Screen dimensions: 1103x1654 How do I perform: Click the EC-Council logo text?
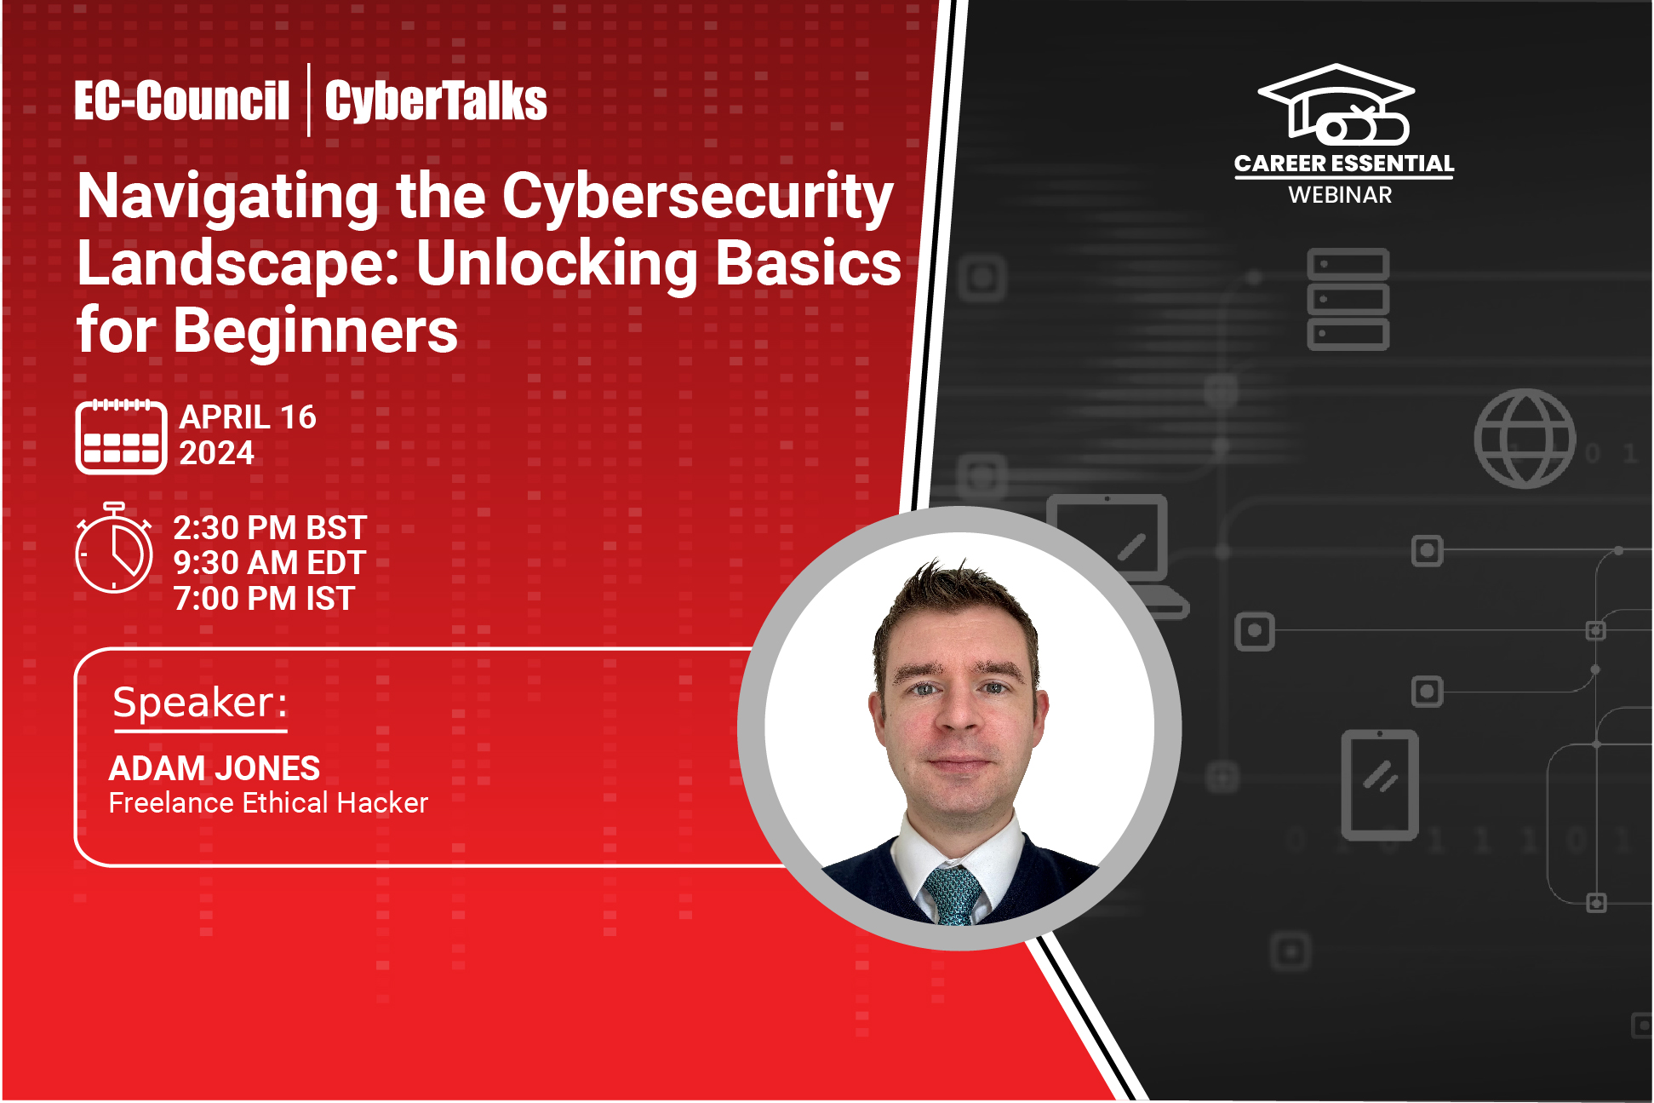(181, 101)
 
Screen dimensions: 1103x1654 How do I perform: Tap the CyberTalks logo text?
(435, 101)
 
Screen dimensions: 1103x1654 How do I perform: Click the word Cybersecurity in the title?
(697, 198)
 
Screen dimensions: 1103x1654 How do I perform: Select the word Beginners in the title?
(315, 331)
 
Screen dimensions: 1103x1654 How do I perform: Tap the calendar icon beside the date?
(121, 436)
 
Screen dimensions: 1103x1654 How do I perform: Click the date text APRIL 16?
(248, 417)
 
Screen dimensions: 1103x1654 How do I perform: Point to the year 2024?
(216, 453)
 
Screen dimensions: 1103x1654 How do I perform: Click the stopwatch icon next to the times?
(114, 549)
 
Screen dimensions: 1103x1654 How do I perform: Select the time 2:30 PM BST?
(270, 528)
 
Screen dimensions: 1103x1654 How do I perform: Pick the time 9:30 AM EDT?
(269, 563)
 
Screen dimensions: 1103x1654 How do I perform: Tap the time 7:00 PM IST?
(264, 599)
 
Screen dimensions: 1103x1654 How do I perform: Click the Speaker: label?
(200, 704)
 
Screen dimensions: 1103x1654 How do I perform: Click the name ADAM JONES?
(215, 768)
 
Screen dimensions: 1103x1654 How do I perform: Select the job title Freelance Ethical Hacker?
(268, 803)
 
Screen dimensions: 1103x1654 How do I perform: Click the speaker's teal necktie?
(953, 895)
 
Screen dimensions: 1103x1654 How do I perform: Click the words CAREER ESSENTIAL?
(1343, 164)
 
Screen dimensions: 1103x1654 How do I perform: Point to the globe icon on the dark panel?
(1525, 439)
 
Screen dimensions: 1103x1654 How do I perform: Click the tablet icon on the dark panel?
(1379, 784)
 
